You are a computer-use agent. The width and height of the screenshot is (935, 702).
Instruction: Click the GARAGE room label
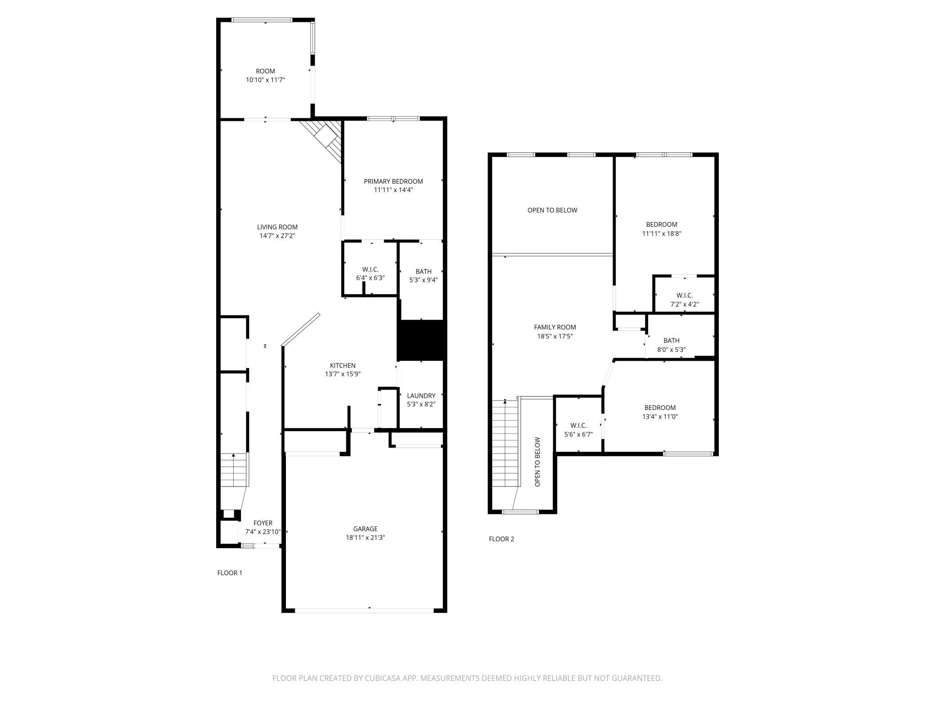pos(365,529)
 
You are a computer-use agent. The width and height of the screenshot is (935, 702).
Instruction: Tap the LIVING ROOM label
pos(277,227)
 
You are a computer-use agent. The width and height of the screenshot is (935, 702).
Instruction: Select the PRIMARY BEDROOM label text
pos(393,181)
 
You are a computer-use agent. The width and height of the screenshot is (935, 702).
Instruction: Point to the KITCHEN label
pos(343,365)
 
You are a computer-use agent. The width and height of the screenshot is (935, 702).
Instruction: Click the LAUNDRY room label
pos(421,396)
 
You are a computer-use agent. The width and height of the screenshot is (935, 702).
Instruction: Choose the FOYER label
pos(263,523)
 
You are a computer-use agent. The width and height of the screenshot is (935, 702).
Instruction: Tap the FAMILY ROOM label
pos(555,327)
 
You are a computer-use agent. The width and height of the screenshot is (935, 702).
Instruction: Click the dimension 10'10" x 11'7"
pos(266,80)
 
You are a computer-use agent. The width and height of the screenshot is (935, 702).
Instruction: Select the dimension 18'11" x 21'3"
pos(365,537)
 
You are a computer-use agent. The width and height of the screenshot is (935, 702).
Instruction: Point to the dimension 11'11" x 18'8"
pos(662,234)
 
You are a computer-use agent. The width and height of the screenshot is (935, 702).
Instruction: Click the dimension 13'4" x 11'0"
pos(660,417)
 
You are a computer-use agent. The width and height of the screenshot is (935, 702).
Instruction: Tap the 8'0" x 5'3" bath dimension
pos(672,350)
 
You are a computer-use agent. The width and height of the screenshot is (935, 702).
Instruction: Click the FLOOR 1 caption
pos(230,573)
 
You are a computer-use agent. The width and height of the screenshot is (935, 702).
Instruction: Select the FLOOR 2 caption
pos(501,539)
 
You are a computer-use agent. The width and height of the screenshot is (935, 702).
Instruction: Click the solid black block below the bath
pos(422,340)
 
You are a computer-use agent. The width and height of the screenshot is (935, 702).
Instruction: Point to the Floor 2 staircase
pos(506,443)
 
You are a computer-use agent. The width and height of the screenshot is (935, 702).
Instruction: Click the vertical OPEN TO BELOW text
pos(538,462)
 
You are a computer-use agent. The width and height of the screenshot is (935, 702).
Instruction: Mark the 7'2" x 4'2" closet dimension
pos(684,304)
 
